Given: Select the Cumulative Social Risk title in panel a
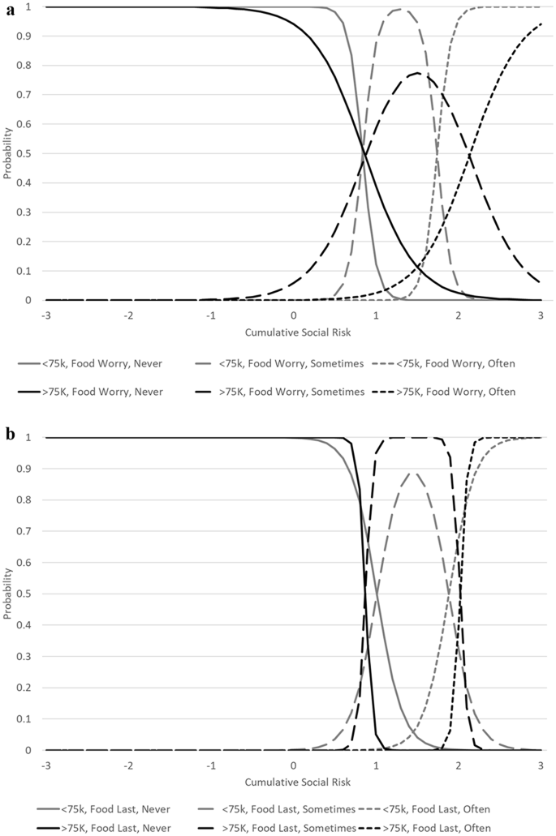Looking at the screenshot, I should click(x=293, y=332).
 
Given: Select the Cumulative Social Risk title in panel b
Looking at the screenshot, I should click(x=293, y=782).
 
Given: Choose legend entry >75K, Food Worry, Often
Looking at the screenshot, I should click(x=460, y=392).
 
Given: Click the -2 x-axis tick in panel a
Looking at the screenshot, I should click(x=128, y=315).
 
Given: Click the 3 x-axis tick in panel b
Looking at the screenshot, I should click(x=541, y=765).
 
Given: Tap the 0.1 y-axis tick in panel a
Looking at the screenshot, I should click(x=30, y=271).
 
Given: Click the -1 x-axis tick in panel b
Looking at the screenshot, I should click(x=211, y=765).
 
